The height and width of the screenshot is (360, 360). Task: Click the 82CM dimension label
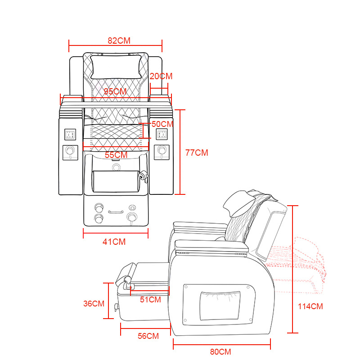point(119,40)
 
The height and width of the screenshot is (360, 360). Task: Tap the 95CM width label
point(115,91)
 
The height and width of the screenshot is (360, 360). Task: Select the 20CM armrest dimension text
point(161,76)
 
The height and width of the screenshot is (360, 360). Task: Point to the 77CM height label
point(197,153)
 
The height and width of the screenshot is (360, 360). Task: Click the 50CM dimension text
point(162,124)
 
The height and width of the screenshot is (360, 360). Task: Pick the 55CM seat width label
point(116,155)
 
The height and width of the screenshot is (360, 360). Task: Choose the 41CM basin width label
point(114,242)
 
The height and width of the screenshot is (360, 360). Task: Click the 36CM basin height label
point(94,304)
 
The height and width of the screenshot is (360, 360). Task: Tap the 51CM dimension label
point(150,299)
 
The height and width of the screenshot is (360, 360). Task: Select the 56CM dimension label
point(148,336)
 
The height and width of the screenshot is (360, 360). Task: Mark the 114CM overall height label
point(310,306)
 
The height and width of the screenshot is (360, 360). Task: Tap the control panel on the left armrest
point(70,134)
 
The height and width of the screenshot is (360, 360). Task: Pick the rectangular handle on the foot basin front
point(116,211)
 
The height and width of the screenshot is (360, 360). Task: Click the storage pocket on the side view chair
point(220,306)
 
